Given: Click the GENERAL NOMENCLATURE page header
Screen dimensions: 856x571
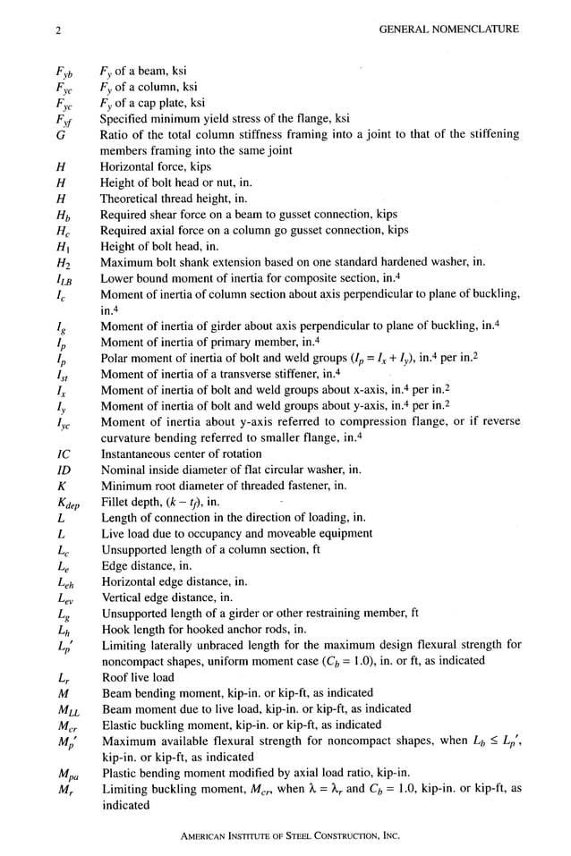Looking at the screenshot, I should tap(449, 30).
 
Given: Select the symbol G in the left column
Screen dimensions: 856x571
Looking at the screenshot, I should tap(58, 135).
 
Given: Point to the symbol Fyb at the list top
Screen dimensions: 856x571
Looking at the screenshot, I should tap(63, 72).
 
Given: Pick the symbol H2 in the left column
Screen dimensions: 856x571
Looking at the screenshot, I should tap(61, 262).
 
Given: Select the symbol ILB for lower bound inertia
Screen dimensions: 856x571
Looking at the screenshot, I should tap(64, 278).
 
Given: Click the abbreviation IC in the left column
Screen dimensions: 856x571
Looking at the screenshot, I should tap(61, 453).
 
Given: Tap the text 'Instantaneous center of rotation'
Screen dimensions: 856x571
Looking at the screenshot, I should tap(181, 453).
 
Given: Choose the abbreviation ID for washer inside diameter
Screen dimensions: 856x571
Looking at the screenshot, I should tap(62, 470).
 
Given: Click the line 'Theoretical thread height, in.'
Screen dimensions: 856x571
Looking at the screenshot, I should tap(175, 199).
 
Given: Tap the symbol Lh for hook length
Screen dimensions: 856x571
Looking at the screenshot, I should tap(62, 630).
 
